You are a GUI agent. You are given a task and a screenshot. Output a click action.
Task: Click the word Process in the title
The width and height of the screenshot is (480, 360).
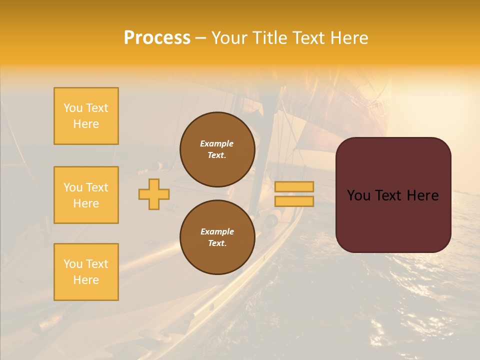pos(157,38)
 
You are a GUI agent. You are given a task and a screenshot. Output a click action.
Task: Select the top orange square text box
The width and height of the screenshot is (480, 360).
pos(86,116)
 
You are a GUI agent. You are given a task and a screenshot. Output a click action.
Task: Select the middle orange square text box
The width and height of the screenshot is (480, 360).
pos(86,195)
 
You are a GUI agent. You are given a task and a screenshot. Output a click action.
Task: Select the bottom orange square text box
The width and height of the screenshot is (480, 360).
pos(86,272)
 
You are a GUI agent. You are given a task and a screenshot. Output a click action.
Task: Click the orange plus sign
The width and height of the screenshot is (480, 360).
pos(154,194)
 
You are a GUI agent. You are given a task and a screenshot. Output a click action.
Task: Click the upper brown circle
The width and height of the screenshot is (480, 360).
pos(217,149)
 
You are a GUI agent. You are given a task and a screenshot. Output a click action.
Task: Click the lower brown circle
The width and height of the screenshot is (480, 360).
pos(217,237)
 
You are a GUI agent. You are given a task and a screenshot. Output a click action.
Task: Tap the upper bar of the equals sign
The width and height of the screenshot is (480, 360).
pos(294,186)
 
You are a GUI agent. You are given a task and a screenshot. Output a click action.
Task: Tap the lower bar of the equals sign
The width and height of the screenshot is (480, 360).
pos(294,201)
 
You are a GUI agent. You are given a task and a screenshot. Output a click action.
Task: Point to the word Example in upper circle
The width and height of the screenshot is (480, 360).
pos(216,143)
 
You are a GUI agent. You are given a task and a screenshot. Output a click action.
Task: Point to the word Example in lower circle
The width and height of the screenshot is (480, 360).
pos(217,231)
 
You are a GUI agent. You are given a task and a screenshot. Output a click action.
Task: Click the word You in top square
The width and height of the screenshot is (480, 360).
pos(73,108)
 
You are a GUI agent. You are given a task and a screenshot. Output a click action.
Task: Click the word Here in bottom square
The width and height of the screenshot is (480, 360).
pos(86,280)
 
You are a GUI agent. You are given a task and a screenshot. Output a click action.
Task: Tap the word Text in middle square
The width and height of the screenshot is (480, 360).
pos(96,187)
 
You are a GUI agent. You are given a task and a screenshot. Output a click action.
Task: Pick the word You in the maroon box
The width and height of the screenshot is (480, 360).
pos(358,195)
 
